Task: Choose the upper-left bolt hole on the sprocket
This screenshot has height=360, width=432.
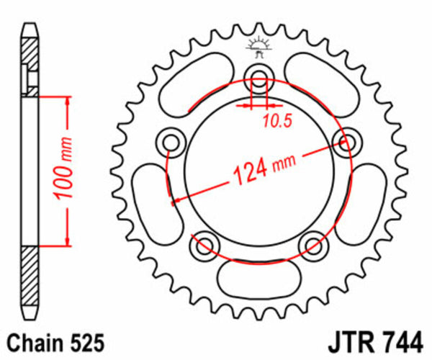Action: coord(171,140)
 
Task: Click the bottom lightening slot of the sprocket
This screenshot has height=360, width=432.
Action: coord(258,276)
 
